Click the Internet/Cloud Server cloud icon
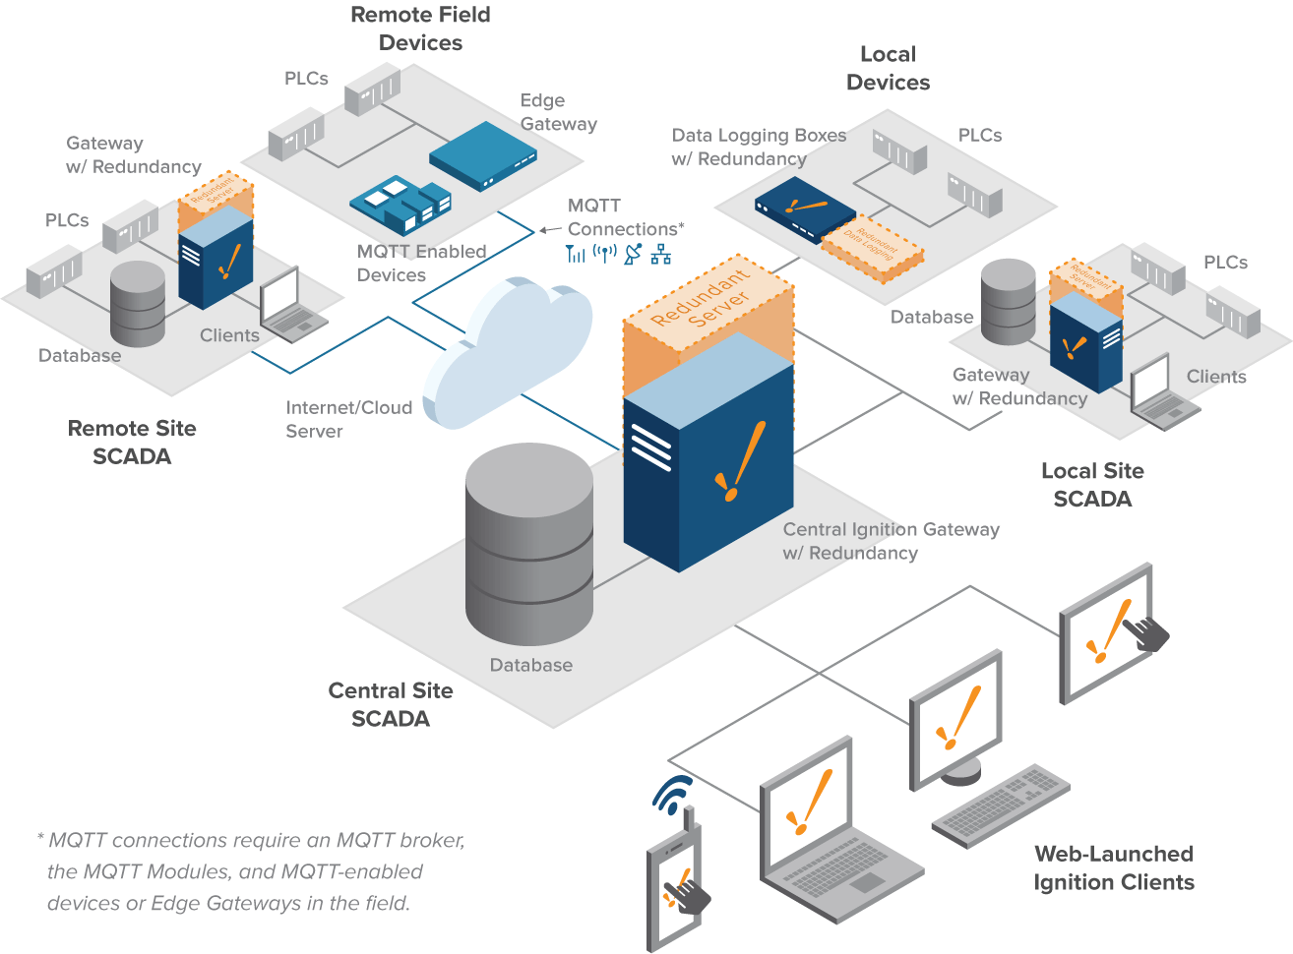(507, 354)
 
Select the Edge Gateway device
(483, 155)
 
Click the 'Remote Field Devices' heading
(420, 29)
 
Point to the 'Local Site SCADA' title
(1092, 485)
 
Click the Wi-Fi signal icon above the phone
(673, 794)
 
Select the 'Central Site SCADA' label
(391, 704)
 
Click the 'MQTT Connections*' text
(624, 217)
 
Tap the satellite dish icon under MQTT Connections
(633, 254)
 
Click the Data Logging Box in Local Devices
(804, 208)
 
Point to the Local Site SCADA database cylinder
(1009, 301)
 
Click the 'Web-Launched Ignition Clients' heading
(1114, 867)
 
